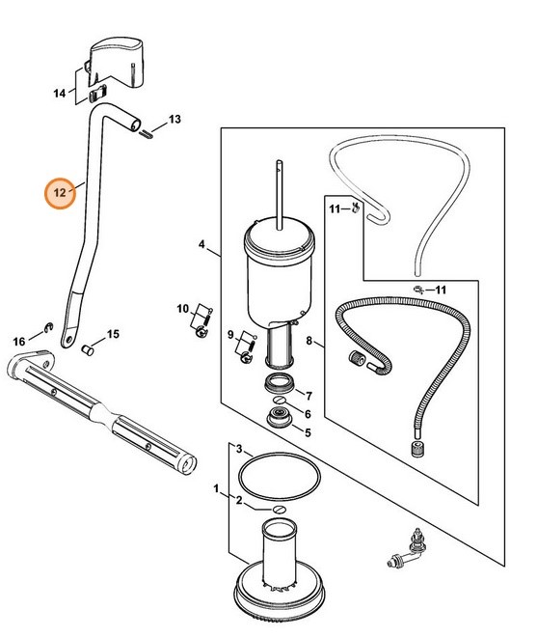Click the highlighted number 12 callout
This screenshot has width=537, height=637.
(x=60, y=193)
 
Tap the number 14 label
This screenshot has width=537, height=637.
(x=59, y=94)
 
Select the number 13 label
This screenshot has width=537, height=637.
(x=175, y=120)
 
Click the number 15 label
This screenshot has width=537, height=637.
(x=113, y=334)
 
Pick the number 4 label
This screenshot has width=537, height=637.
(x=201, y=244)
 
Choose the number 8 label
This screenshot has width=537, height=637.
(x=309, y=341)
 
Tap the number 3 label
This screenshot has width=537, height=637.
(x=239, y=449)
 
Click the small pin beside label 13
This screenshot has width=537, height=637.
(x=147, y=134)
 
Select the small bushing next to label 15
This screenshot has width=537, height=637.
(x=88, y=349)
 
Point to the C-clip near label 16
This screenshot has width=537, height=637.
(x=49, y=327)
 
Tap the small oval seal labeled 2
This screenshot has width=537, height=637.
(x=280, y=510)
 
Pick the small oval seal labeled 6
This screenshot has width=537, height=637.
(x=279, y=401)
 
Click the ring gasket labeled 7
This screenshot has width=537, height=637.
(x=280, y=383)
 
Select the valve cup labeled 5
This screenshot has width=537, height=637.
(x=279, y=419)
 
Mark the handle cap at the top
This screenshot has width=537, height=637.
(x=116, y=62)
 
